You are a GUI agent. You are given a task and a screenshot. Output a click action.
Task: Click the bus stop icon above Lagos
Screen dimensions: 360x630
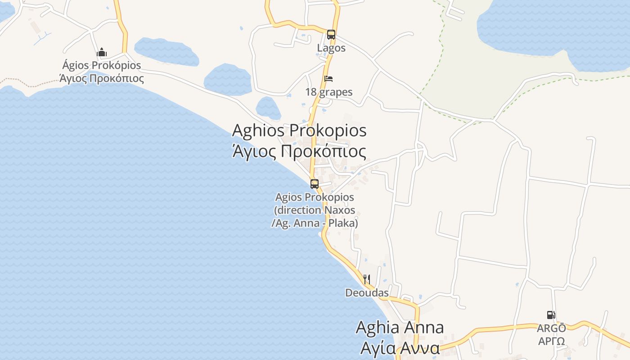(331, 34)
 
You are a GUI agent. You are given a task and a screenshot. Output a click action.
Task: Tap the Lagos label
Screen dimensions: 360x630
(331, 48)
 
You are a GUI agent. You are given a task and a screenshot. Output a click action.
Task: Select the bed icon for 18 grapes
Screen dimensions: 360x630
(329, 79)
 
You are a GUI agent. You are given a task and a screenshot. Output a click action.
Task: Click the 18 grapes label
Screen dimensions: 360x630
(329, 92)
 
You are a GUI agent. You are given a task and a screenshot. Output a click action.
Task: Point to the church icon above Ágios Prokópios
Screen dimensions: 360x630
(102, 52)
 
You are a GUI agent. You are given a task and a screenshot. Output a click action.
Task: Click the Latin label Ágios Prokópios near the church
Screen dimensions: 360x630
(102, 65)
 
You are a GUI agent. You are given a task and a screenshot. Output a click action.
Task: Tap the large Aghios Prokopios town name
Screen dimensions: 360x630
(299, 130)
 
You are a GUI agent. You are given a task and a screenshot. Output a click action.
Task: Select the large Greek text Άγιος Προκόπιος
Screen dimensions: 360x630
(299, 151)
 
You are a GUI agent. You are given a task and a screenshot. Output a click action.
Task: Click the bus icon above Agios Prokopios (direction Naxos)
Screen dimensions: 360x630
(315, 184)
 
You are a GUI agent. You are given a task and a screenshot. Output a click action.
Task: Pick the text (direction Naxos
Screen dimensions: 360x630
(315, 210)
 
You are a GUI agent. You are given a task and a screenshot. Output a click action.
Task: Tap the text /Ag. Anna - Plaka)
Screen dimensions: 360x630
(315, 223)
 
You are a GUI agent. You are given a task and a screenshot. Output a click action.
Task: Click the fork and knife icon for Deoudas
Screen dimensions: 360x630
(367, 279)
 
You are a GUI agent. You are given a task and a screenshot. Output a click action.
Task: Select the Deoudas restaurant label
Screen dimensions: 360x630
(367, 293)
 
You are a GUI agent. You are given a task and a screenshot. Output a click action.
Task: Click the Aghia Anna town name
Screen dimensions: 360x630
(400, 327)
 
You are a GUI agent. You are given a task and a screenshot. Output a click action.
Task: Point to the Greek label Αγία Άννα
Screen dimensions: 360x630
(400, 348)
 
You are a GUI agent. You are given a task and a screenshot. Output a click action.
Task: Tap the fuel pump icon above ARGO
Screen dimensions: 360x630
(551, 315)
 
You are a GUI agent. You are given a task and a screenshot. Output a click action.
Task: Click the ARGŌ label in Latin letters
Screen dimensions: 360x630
(551, 328)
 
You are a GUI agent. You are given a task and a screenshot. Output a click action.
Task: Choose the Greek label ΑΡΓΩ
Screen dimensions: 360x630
(551, 341)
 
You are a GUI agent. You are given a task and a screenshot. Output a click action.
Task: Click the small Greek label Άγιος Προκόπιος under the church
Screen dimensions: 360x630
(102, 79)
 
